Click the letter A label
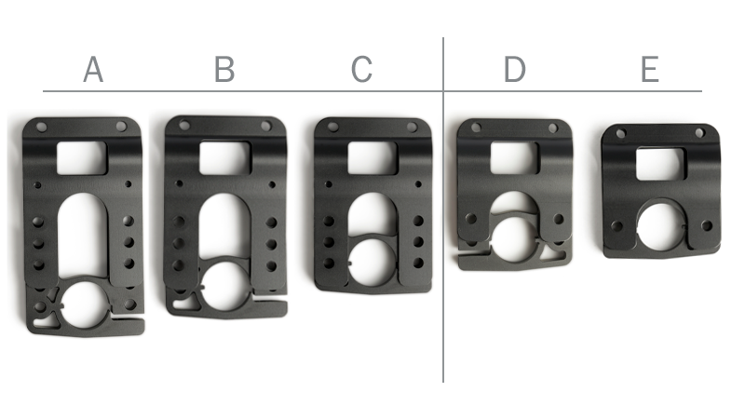pyautogui.click(x=92, y=70)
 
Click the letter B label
pyautogui.click(x=223, y=70)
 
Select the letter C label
pyautogui.click(x=361, y=70)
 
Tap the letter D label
pyautogui.click(x=514, y=70)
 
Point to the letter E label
pyautogui.click(x=649, y=70)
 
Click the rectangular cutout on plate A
pyautogui.click(x=82, y=157)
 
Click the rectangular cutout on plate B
pyautogui.click(x=224, y=157)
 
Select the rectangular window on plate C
pyautogui.click(x=372, y=157)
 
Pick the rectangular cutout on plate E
pyautogui.click(x=658, y=164)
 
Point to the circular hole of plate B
pyautogui.click(x=223, y=283)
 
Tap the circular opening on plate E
pyautogui.click(x=660, y=226)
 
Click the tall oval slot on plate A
pyautogui.click(x=83, y=233)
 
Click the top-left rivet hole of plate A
pyautogui.click(x=41, y=126)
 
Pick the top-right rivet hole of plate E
pyautogui.click(x=698, y=133)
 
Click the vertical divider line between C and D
pyautogui.click(x=443, y=233)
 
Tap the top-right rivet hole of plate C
pyautogui.click(x=411, y=127)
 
